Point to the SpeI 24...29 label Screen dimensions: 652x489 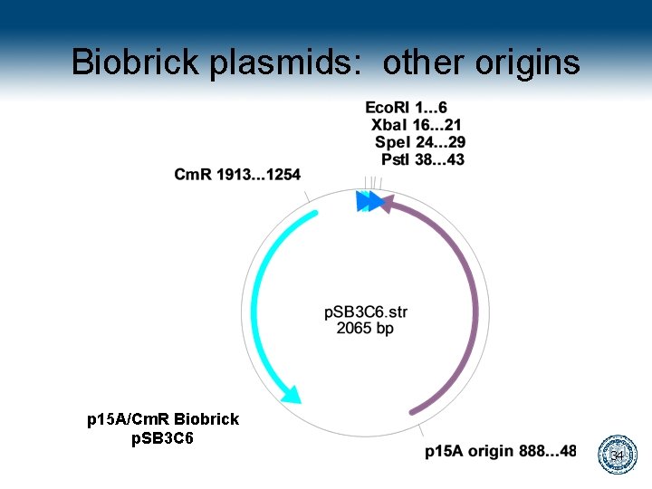420,142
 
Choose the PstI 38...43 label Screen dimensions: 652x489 423,159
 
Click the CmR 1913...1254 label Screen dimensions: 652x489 238,174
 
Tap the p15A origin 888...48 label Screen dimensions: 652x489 501,451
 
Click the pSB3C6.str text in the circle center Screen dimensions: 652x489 366,312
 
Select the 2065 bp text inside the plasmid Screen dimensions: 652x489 365,329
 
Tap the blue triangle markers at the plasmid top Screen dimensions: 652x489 368,201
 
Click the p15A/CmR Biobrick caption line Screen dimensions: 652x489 163,419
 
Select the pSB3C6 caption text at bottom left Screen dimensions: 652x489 163,438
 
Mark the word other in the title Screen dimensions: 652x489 421,62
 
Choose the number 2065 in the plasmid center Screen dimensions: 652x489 354,329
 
